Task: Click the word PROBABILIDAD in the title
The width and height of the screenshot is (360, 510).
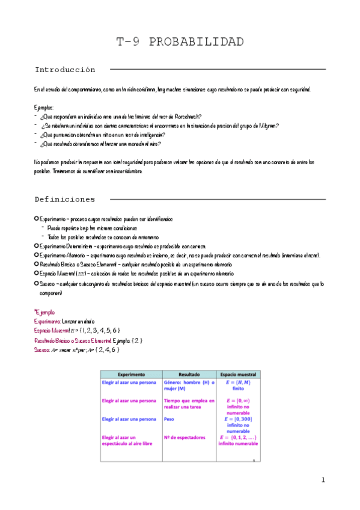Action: coord(197,42)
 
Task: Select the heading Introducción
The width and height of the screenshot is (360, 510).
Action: coord(65,70)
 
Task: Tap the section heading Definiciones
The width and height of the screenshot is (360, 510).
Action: coord(65,199)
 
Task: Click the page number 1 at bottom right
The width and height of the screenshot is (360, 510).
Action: coord(323,480)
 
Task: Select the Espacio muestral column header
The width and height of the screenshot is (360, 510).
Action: coord(238,373)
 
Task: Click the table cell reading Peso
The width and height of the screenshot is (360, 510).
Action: coord(169,419)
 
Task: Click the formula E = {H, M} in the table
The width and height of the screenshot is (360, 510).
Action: coord(238,382)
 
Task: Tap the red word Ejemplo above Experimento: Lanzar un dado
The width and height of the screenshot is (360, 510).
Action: coord(45,313)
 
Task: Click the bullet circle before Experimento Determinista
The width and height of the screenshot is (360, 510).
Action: coord(37,247)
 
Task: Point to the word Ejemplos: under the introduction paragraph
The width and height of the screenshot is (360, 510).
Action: coord(44,107)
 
